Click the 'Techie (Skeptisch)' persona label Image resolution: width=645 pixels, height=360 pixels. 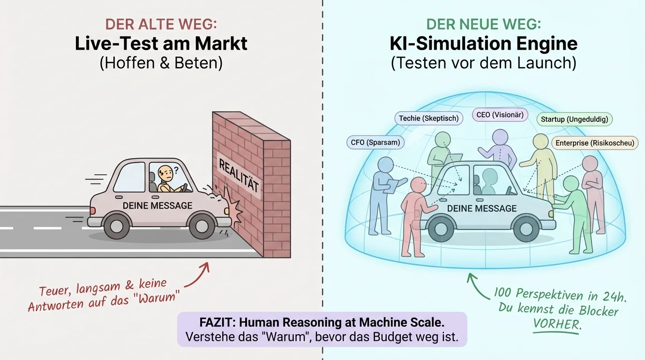click(x=428, y=118)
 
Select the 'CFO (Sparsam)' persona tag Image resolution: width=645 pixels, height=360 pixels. click(x=375, y=142)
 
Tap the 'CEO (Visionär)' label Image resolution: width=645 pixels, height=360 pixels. click(x=500, y=115)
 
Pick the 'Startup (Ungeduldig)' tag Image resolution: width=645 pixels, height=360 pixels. click(x=574, y=119)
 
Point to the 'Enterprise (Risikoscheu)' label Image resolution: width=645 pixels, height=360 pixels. click(x=595, y=143)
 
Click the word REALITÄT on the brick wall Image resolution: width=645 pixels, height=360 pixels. click(x=239, y=180)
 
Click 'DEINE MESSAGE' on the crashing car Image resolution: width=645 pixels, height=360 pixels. click(x=157, y=205)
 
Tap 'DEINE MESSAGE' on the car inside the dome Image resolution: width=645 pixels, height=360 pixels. click(x=482, y=209)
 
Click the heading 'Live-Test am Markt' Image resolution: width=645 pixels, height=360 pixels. click(x=161, y=44)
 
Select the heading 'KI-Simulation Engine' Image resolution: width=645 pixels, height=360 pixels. click(x=484, y=44)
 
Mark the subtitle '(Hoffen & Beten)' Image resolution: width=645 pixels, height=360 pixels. click(x=161, y=62)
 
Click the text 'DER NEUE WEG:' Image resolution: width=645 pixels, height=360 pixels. click(x=484, y=24)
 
